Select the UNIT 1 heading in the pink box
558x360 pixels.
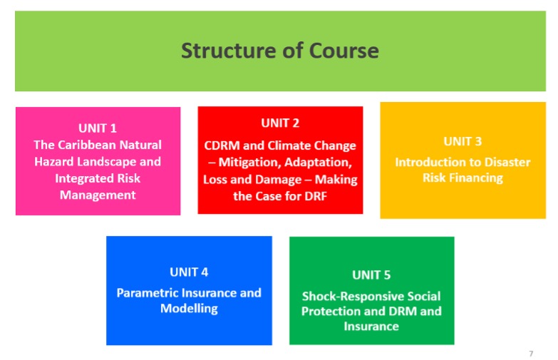pos(98,128)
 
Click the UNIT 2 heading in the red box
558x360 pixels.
pos(280,123)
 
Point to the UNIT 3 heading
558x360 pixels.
pos(463,141)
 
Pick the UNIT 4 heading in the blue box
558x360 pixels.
pos(189,272)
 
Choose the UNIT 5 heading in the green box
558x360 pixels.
pos(371,274)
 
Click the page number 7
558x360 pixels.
pos(530,354)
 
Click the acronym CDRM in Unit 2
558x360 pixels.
pos(222,145)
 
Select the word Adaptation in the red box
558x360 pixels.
pos(320,163)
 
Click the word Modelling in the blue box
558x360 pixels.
pos(189,309)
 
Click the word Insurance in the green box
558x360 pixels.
pos(371,326)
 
